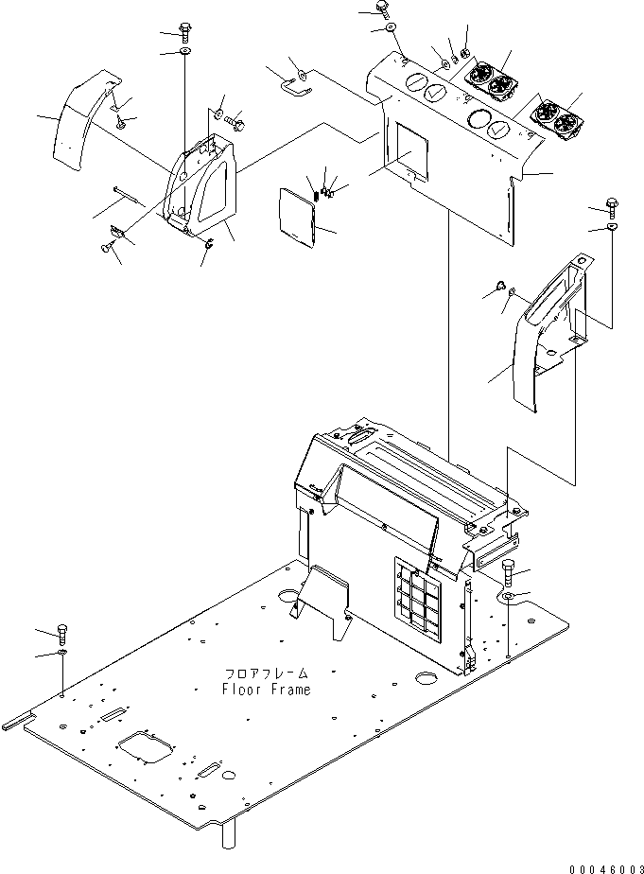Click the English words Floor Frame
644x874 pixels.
267,690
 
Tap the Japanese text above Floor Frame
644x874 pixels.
267,673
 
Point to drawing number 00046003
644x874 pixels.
606,869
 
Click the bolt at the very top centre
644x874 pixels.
382,9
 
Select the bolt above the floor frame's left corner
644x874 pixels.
61,633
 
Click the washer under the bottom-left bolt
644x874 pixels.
61,652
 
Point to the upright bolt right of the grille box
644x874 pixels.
509,572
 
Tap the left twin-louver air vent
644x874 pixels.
492,80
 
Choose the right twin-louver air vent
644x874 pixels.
555,119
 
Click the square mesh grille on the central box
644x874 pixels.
419,595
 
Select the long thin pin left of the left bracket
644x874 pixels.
127,195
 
